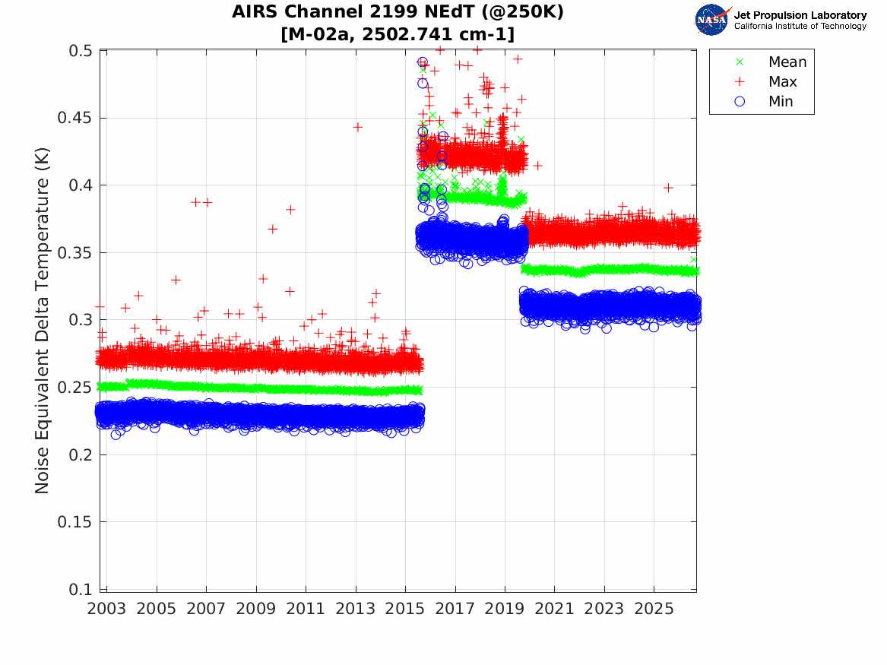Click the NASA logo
(x=712, y=20)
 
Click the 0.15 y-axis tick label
(x=74, y=522)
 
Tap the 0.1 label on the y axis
(x=80, y=589)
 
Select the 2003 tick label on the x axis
(x=106, y=609)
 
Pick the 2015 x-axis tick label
(x=405, y=609)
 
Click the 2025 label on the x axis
(x=654, y=609)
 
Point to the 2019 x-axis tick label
(x=505, y=609)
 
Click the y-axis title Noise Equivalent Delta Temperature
(x=43, y=321)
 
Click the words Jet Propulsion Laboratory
(x=800, y=15)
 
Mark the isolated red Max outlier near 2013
(x=357, y=127)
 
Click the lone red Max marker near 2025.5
(x=668, y=188)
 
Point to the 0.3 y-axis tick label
(x=80, y=320)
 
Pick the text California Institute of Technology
(x=800, y=26)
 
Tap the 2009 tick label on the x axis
(x=255, y=609)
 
